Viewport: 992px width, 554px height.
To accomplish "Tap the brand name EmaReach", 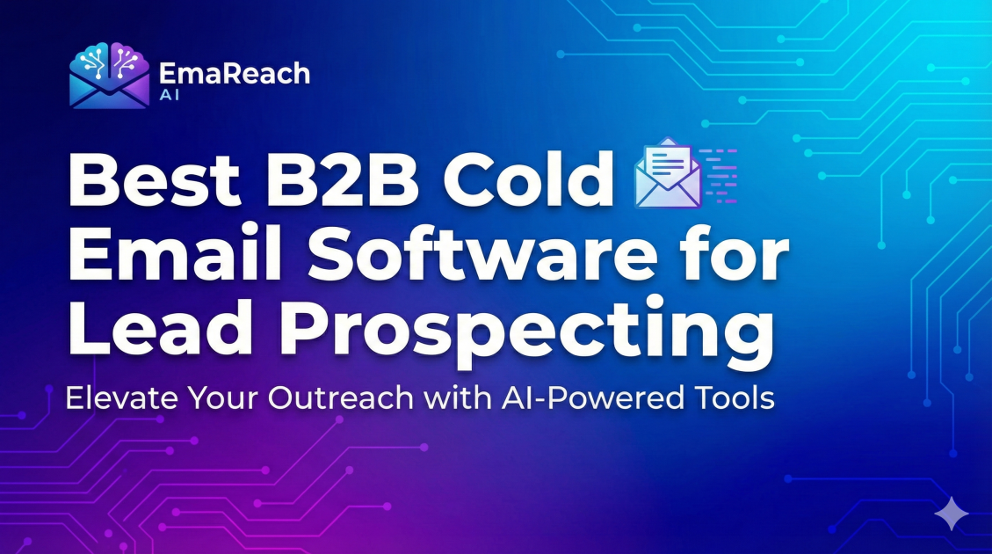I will click(235, 73).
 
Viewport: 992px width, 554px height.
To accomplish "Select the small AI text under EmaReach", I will click(170, 96).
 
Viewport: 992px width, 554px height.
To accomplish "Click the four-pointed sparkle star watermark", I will click(952, 514).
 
